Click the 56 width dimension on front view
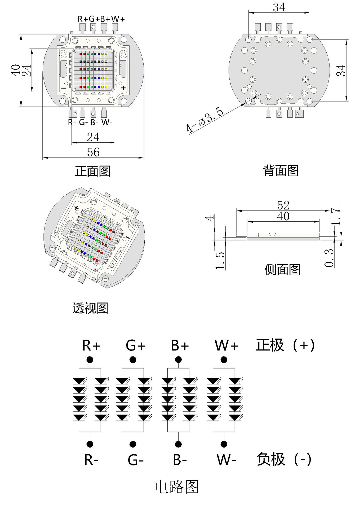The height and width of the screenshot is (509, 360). tap(93, 152)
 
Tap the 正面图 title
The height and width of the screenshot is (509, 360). tap(92, 171)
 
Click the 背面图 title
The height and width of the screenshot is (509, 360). tap(281, 170)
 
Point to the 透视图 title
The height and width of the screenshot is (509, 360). tap(90, 308)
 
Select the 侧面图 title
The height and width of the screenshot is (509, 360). tap(282, 270)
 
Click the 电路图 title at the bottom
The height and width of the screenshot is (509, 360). tap(177, 487)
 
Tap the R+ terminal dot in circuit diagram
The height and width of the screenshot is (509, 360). tap(90, 360)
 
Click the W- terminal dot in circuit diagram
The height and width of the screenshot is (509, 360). tap(224, 444)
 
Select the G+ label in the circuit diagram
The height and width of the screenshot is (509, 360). tap(136, 346)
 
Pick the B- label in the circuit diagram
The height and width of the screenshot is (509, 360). tap(180, 460)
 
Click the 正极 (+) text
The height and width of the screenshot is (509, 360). tap(285, 345)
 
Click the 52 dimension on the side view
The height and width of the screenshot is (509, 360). tap(283, 205)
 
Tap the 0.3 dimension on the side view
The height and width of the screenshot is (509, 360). tap(329, 258)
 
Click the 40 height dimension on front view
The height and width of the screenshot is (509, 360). tap(16, 70)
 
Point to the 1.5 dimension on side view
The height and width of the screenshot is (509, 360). tap(220, 261)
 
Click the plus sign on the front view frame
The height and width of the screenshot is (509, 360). tap(123, 88)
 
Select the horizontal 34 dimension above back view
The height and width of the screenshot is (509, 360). tap(279, 7)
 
